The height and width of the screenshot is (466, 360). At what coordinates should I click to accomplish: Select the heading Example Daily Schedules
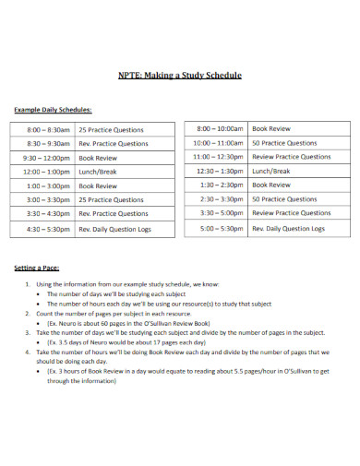53,109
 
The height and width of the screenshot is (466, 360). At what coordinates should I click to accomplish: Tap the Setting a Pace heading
38,268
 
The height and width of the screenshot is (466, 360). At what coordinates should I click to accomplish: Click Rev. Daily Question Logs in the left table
125,227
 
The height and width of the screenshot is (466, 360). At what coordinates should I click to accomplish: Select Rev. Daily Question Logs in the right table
289,227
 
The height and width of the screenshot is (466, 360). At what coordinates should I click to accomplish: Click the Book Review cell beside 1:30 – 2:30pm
272,185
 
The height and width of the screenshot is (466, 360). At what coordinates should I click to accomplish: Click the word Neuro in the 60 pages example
66,323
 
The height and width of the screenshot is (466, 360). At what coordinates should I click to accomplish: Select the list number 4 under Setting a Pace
27,352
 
